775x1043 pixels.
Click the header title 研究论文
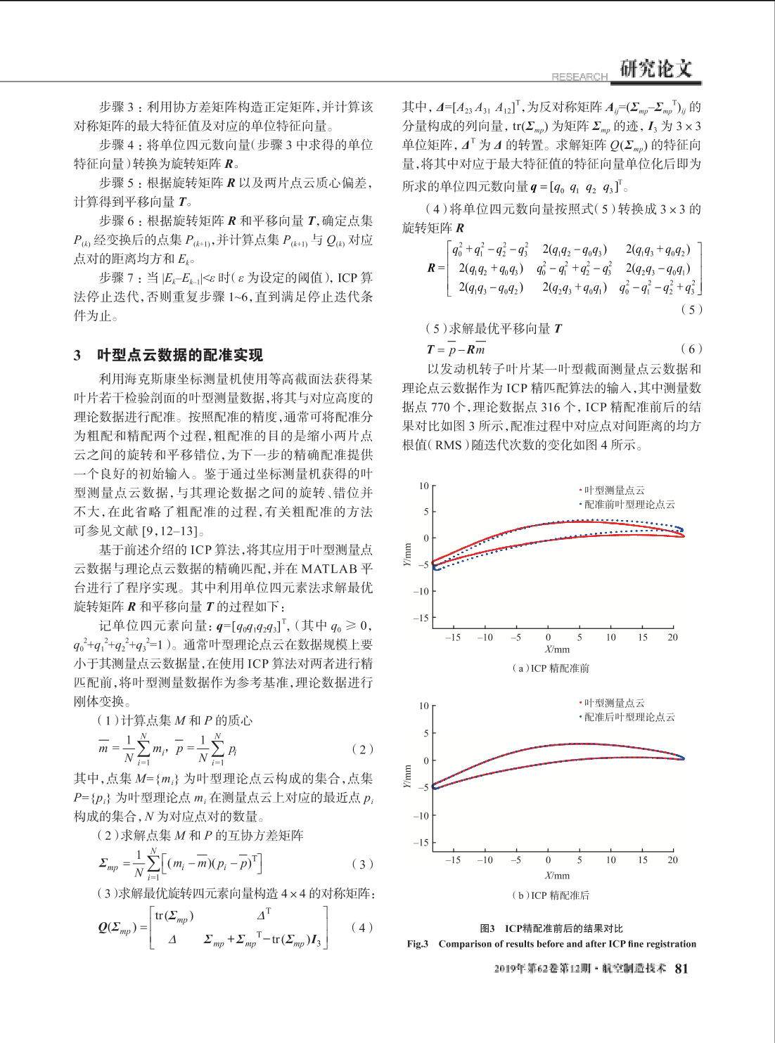(655, 69)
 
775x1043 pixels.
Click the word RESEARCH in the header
(579, 77)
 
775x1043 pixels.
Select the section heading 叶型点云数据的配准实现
(179, 355)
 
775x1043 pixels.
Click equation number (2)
(362, 749)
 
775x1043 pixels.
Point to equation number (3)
(362, 864)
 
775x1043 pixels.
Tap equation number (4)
(362, 927)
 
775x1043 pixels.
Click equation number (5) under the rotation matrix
(691, 309)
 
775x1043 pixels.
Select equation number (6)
(691, 349)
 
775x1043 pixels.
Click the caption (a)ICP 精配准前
(551, 668)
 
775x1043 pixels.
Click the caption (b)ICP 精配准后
(551, 895)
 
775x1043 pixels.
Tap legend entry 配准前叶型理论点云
(629, 505)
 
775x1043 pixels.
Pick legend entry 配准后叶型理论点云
(629, 717)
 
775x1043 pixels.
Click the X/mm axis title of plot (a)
(557, 649)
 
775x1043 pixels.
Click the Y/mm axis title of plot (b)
(407, 777)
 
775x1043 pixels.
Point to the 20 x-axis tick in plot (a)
(673, 637)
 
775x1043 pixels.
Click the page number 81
(681, 968)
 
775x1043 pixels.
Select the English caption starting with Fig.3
(551, 944)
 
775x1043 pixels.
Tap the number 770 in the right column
(440, 407)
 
